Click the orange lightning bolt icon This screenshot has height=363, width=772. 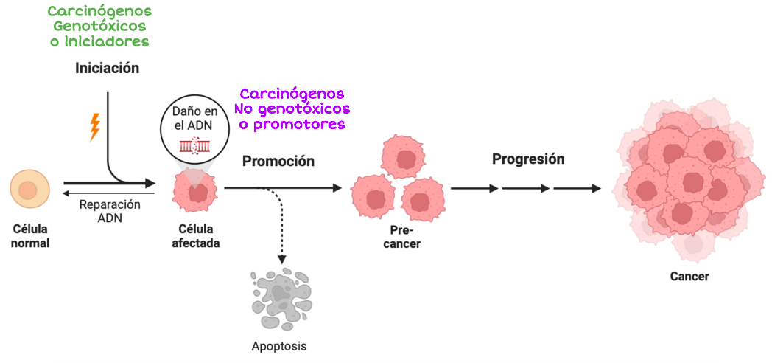click(x=94, y=127)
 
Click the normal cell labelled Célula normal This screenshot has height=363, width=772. click(x=29, y=190)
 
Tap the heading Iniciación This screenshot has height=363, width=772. click(x=107, y=69)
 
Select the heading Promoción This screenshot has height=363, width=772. click(x=278, y=162)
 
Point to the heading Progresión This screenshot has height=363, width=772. click(x=528, y=159)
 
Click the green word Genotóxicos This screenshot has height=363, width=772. click(x=99, y=27)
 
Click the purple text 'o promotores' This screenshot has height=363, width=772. click(x=292, y=124)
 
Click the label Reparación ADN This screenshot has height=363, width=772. click(x=110, y=211)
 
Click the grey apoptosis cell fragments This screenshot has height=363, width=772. click(x=281, y=298)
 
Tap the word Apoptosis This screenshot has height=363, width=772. click(x=279, y=345)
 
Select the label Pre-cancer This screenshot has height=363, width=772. click(x=402, y=237)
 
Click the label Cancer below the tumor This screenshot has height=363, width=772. click(x=689, y=277)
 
